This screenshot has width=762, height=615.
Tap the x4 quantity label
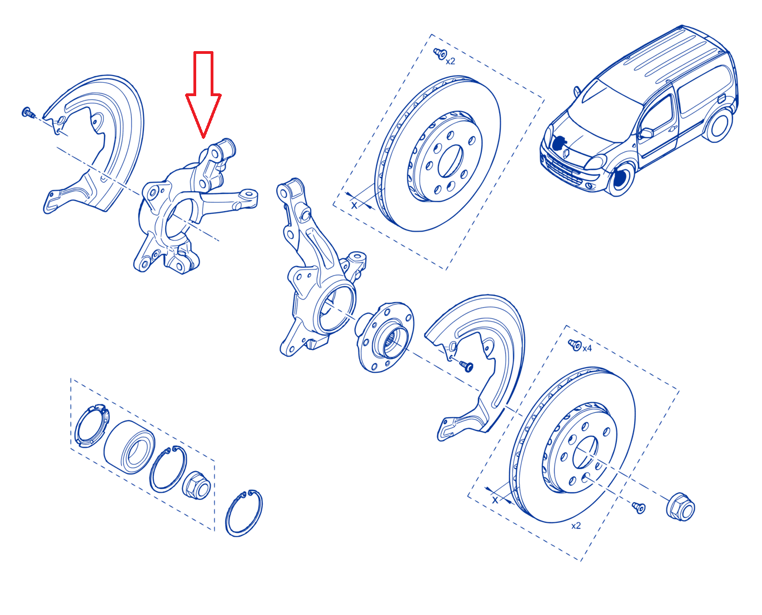click(587, 348)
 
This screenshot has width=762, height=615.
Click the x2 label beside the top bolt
click(450, 62)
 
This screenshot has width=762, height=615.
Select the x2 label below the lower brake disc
click(576, 526)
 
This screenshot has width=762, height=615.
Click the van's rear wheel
click(718, 125)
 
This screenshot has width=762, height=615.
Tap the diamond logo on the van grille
click(566, 153)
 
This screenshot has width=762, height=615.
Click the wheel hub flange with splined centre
click(385, 337)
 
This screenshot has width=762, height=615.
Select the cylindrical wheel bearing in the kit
click(129, 447)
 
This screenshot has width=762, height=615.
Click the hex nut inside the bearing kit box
click(196, 485)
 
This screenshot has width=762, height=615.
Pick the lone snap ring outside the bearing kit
click(244, 513)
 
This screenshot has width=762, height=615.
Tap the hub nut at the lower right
click(680, 507)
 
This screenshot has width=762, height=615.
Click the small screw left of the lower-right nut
click(639, 507)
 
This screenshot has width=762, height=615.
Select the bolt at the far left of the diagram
click(28, 113)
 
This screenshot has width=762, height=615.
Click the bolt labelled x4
click(575, 344)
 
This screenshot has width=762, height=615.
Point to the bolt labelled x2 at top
click(440, 54)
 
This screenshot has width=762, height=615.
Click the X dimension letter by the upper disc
click(354, 205)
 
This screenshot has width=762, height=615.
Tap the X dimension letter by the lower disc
click(495, 500)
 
